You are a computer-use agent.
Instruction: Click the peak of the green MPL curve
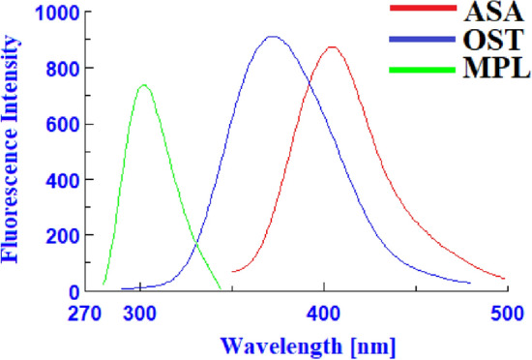tap(144, 85)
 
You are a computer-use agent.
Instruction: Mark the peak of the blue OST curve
tap(273, 37)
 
